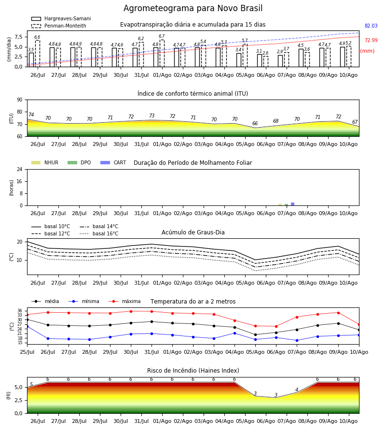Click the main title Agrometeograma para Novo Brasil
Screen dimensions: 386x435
(x=193, y=8)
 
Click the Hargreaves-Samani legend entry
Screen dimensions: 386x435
(x=61, y=18)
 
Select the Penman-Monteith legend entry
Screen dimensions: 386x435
(x=59, y=26)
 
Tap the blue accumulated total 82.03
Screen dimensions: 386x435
(x=371, y=26)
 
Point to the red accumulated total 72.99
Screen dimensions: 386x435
(x=371, y=40)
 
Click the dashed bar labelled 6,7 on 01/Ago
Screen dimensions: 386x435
(x=162, y=53)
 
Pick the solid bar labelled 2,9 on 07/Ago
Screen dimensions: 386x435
(x=280, y=61)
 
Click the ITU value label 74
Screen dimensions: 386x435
(x=31, y=115)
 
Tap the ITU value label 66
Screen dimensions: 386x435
(x=255, y=123)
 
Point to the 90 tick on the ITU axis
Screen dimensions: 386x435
(x=20, y=100)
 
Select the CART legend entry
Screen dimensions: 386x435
(x=113, y=162)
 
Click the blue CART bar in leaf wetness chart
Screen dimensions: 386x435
(x=293, y=204)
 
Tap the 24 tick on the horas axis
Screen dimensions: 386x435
(x=20, y=169)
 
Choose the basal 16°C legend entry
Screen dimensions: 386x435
(x=99, y=233)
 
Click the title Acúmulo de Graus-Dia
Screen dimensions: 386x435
(x=193, y=232)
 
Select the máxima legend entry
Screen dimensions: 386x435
(x=124, y=301)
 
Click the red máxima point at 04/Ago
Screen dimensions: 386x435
(x=235, y=321)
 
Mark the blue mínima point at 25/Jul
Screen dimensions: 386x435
(x=28, y=327)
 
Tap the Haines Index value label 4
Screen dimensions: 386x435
(x=297, y=390)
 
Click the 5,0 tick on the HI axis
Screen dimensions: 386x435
(x=19, y=388)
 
